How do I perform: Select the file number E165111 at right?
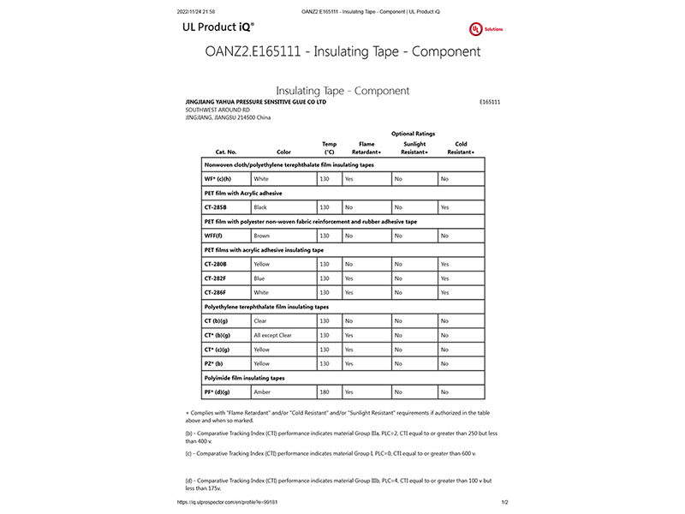491,102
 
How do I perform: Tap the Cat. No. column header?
214,152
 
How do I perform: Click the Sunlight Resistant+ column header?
414,148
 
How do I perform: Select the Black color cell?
261,207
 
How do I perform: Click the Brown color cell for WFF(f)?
262,236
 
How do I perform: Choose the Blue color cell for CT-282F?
260,278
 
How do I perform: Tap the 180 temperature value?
325,391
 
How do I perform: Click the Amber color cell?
262,391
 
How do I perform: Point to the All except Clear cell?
273,335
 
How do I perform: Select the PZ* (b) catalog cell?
213,363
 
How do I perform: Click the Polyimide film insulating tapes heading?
244,377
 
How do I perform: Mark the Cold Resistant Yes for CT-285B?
444,207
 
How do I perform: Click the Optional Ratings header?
413,134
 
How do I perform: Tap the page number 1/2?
504,503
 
